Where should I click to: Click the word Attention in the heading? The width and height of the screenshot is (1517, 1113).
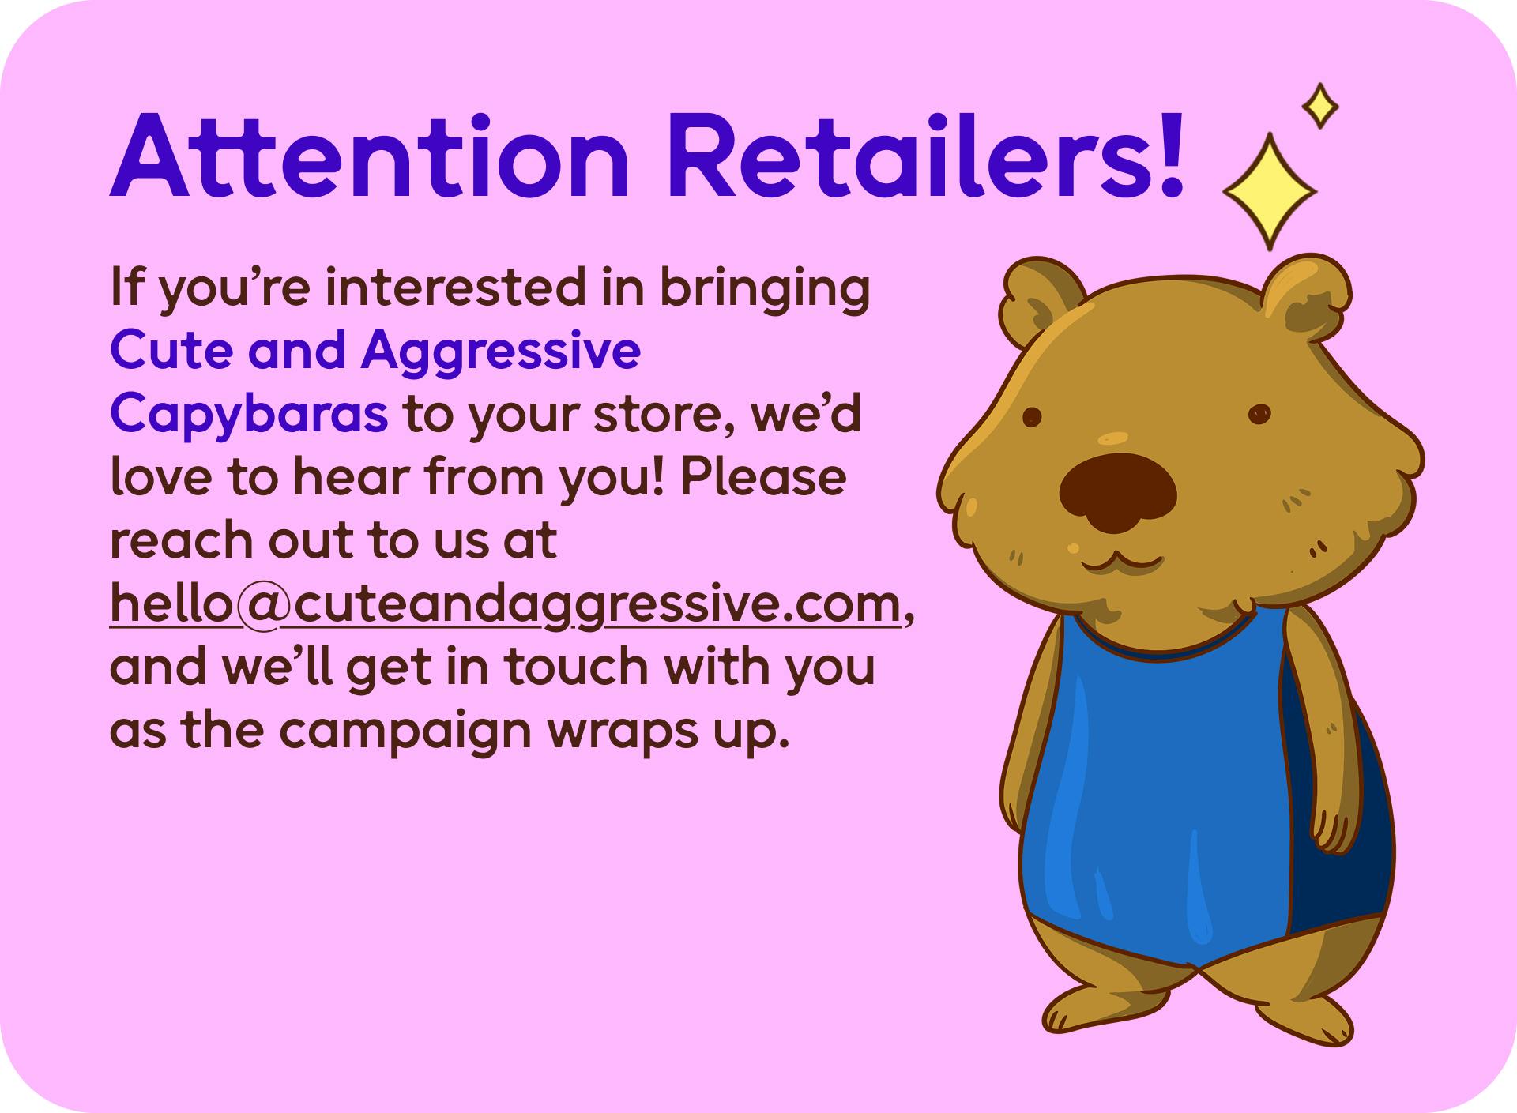(x=370, y=156)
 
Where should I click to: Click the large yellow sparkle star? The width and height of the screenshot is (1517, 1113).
(x=1270, y=191)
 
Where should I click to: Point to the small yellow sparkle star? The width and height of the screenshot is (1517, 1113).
(x=1319, y=106)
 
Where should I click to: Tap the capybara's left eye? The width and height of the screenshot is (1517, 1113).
(x=1032, y=417)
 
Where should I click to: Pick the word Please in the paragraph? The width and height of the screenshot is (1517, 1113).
(x=763, y=478)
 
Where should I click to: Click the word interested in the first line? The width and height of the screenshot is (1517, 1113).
(x=457, y=288)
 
